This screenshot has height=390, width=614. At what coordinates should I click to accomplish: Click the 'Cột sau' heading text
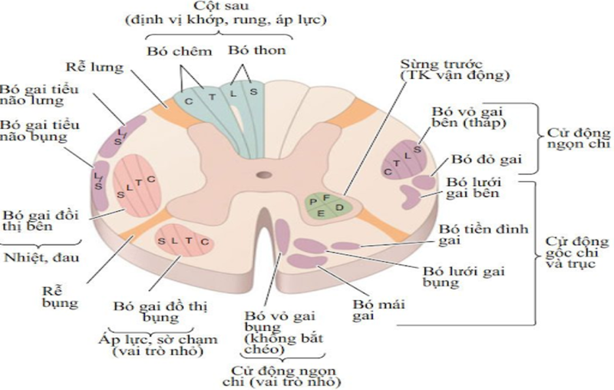click(x=226, y=7)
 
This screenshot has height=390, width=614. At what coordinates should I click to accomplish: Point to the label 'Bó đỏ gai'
click(x=486, y=160)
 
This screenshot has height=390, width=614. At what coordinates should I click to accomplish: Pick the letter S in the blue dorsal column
click(x=253, y=93)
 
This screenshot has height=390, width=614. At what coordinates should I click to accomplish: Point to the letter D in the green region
click(x=340, y=208)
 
